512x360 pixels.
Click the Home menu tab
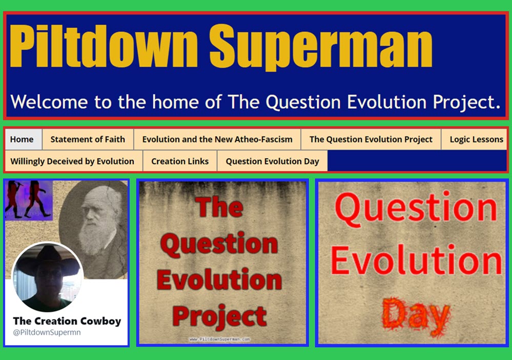click(x=22, y=139)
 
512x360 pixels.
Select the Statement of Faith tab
click(x=88, y=139)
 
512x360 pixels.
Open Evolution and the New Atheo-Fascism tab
click(x=217, y=139)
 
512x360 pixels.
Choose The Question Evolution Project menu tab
click(x=371, y=139)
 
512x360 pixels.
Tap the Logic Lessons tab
click(x=476, y=139)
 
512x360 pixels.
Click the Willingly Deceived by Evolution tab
click(x=72, y=161)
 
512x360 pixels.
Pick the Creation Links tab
click(x=180, y=161)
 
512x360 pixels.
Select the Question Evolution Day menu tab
click(x=272, y=161)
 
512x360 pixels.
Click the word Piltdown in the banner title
click(x=104, y=46)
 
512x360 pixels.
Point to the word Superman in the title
click(x=321, y=47)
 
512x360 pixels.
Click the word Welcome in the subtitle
click(x=49, y=102)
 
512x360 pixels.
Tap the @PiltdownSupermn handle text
click(x=47, y=332)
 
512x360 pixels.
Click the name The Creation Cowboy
click(x=67, y=321)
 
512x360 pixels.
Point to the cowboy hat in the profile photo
click(x=48, y=262)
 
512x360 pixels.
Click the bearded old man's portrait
click(x=94, y=229)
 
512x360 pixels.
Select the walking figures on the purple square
click(x=29, y=199)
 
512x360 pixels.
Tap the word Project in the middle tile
click(x=219, y=316)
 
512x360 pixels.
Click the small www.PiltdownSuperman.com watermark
click(x=220, y=339)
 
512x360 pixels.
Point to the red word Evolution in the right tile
click(x=416, y=261)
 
